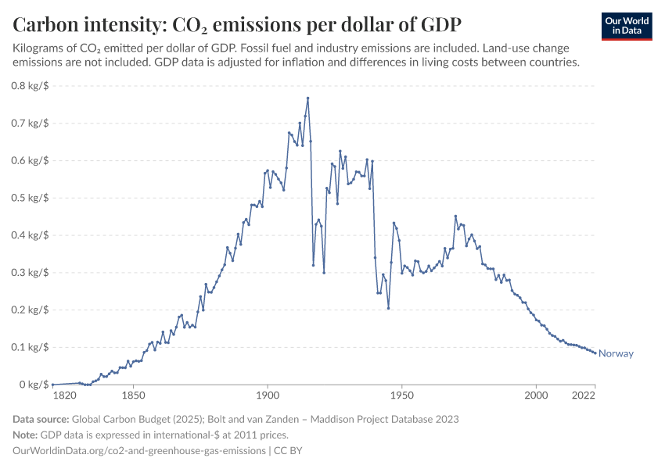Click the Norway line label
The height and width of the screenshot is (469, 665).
point(616,353)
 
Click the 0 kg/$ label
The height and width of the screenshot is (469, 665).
point(34,385)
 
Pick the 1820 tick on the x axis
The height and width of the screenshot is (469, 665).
point(52,397)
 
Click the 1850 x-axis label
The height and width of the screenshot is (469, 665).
point(133,397)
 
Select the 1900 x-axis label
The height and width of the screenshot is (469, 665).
point(268,397)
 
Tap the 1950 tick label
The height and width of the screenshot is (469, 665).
point(402,397)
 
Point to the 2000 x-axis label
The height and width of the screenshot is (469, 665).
point(537,397)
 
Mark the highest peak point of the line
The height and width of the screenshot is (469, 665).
point(307,98)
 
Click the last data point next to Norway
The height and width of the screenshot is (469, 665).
point(595,353)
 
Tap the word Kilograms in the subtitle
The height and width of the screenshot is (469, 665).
point(41,48)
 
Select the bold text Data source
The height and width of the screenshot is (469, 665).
point(41,419)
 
